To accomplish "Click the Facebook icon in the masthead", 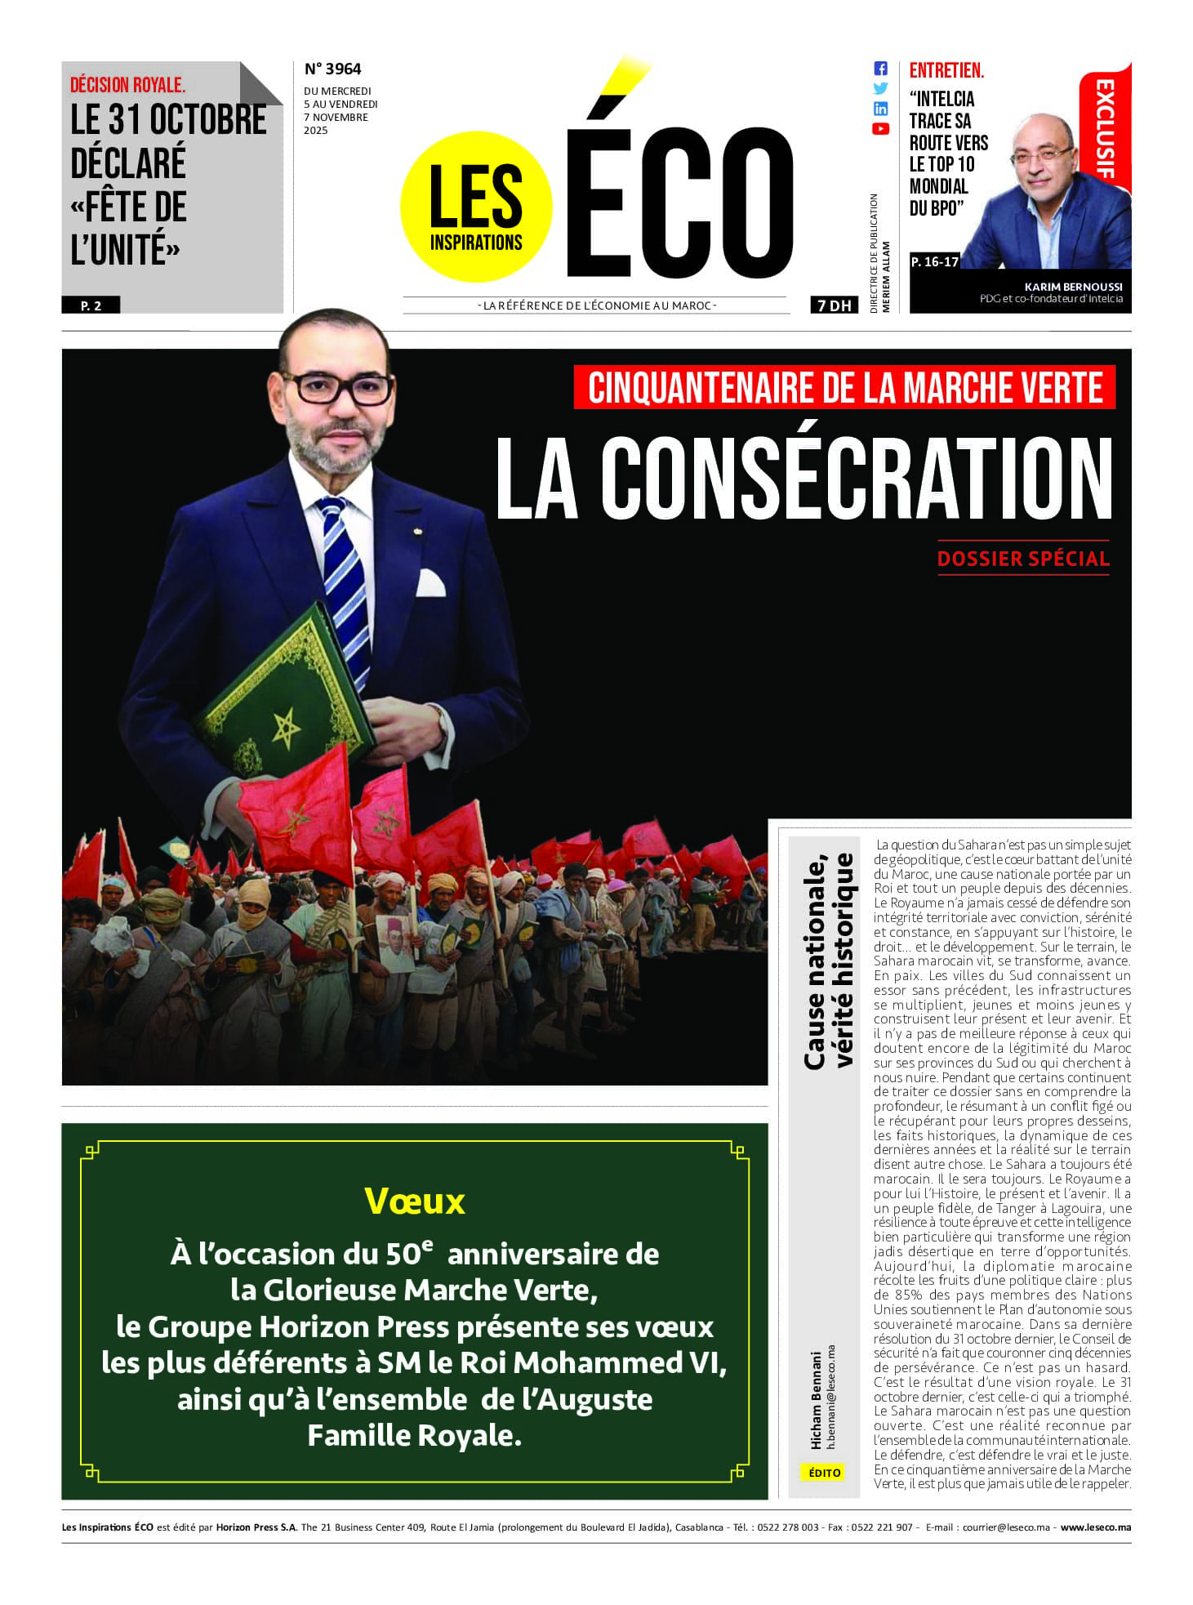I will (880, 69).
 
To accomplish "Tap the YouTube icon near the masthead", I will (880, 128).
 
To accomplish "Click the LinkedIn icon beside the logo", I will (880, 109).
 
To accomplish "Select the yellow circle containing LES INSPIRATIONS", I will (476, 207).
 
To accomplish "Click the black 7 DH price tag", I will (835, 305).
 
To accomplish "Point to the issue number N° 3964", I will (332, 69).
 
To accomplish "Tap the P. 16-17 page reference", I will (934, 262).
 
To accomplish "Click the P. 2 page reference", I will (91, 305).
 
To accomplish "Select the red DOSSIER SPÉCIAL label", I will (1023, 559).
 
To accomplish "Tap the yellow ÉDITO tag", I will (824, 1473).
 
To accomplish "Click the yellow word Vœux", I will (415, 1201).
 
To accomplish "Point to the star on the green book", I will (285, 727).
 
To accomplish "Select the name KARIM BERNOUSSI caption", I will (1073, 287).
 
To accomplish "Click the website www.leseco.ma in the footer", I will (1096, 1527).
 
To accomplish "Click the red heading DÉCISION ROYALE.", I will (127, 85).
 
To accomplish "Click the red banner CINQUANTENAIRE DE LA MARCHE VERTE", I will (844, 387).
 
